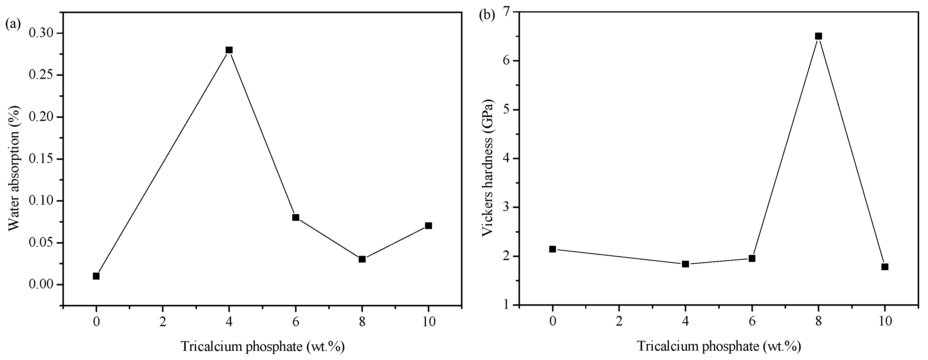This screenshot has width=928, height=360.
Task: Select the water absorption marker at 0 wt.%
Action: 96,276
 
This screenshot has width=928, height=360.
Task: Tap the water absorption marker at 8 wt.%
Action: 362,259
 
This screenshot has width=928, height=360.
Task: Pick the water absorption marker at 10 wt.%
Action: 428,226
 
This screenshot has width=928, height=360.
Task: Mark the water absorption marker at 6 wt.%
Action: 296,217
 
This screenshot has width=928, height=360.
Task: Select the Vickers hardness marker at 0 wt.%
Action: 553,249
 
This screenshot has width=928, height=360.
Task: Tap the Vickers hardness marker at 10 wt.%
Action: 885,267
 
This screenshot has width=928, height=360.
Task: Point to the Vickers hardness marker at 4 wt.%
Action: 686,264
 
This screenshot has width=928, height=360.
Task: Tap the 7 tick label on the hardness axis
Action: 509,12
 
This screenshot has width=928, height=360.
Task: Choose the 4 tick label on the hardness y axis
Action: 509,159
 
